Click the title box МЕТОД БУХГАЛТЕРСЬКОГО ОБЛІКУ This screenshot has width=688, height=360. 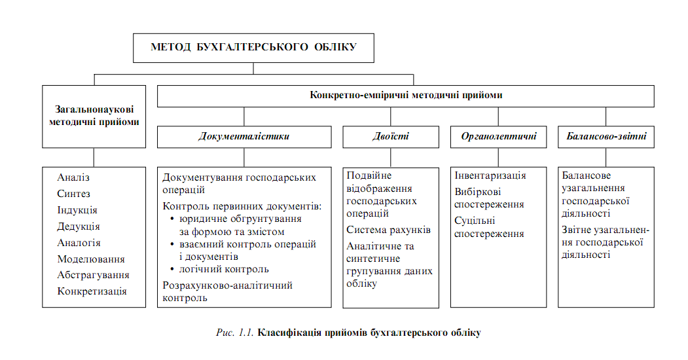point(253,47)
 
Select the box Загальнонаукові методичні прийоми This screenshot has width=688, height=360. point(94,116)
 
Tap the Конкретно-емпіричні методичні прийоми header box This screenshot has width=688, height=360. point(405,96)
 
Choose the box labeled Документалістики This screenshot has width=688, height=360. point(244,137)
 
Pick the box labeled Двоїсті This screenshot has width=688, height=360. point(391,137)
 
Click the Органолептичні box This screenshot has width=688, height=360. point(498,137)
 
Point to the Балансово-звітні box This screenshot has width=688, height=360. point(606,137)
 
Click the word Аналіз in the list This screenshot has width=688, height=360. point(73,177)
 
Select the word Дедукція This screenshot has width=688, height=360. point(79,226)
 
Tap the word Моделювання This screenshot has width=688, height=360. point(91,259)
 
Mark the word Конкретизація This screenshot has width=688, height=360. point(92,291)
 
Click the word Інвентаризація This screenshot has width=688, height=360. point(490,176)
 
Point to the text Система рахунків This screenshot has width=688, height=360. point(389,230)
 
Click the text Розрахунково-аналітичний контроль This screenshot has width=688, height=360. point(227,291)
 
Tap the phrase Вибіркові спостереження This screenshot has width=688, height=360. point(489,198)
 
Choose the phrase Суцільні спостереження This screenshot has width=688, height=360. point(489,227)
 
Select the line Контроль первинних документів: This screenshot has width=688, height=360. point(242,206)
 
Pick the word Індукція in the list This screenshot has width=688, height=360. point(77,210)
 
